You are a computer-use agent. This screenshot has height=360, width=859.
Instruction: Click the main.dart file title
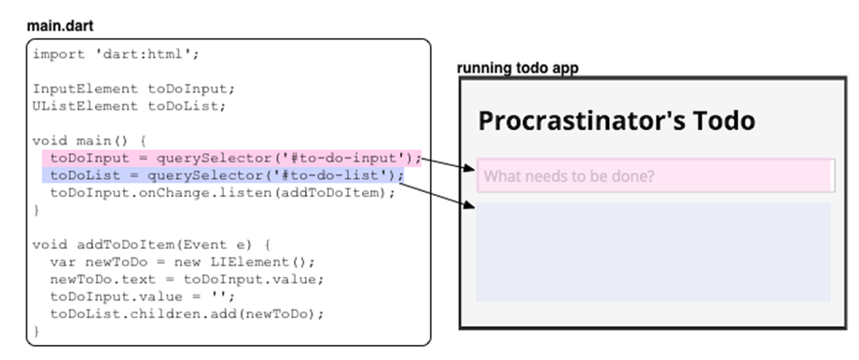tap(61, 26)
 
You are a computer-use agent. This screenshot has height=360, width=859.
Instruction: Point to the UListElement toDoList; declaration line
tap(131, 105)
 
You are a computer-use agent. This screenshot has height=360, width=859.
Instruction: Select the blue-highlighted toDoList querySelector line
tap(227, 175)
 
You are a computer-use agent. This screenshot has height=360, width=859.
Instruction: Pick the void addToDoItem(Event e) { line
tap(150, 244)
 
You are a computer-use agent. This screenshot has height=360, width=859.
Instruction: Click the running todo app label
tap(518, 69)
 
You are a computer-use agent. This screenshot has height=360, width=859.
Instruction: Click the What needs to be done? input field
tap(653, 175)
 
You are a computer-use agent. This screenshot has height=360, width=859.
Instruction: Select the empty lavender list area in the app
tap(653, 252)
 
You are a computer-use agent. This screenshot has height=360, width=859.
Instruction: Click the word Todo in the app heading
tap(722, 120)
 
